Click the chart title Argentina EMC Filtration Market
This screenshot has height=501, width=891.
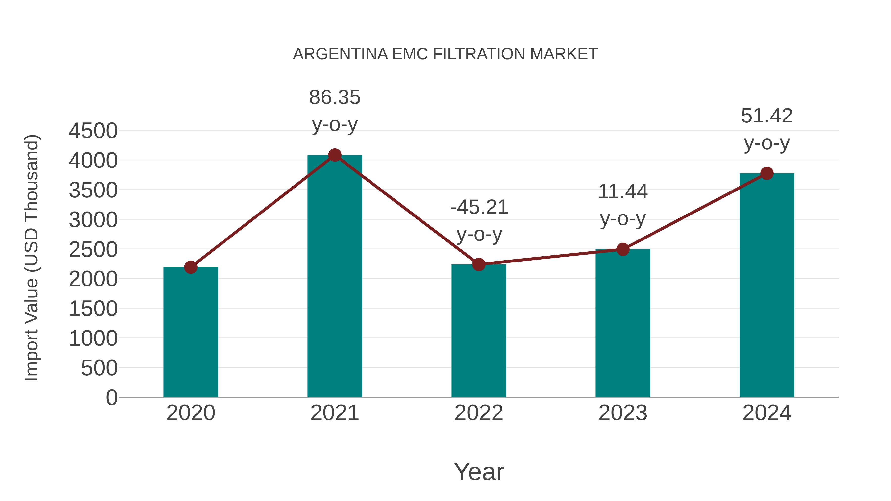click(445, 54)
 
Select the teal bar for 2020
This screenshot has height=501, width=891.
click(191, 332)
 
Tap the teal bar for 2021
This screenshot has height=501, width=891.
click(334, 277)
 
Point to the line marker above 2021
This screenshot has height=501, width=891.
click(334, 155)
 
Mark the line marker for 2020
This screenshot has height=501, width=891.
click(191, 267)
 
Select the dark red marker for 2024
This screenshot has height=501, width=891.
click(767, 173)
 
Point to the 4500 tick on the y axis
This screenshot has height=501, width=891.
click(93, 131)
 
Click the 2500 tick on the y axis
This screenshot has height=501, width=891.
click(93, 250)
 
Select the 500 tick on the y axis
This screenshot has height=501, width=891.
click(99, 368)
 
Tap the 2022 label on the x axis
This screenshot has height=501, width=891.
click(479, 413)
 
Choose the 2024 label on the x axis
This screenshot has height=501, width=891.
click(767, 413)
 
